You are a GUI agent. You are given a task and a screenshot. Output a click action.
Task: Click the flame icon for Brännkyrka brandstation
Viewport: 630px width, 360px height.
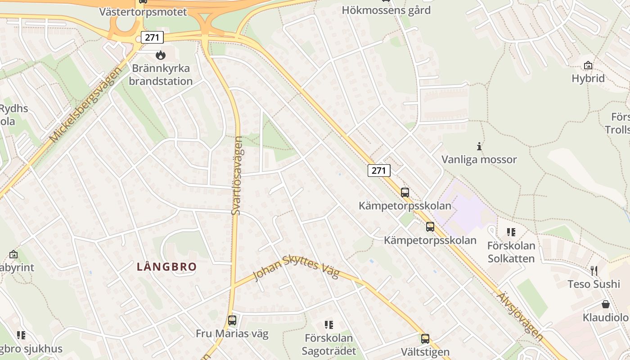point(160,55)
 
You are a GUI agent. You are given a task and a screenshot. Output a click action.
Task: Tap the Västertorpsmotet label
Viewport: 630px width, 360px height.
point(143,12)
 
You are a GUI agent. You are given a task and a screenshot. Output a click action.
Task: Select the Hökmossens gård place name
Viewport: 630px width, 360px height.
point(386,10)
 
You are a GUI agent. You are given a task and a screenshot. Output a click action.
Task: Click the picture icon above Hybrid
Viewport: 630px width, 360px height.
point(588,66)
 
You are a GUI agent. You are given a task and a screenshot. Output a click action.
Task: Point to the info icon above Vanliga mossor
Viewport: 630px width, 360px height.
point(479,146)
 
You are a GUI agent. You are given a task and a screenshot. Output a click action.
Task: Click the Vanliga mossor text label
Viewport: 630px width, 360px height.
point(479,159)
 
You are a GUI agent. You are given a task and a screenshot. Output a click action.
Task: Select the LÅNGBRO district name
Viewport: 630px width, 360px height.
point(167,267)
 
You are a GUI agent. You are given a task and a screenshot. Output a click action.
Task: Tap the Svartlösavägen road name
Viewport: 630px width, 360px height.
point(237,175)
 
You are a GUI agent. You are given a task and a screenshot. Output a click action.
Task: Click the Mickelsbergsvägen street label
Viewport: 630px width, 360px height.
point(85,104)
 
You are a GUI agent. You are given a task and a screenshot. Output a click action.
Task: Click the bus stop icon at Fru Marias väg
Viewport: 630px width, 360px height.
point(232,320)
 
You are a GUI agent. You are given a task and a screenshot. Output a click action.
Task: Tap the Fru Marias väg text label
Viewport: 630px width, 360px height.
point(232,333)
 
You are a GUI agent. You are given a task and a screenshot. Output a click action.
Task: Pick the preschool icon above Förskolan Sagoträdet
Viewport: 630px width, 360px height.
point(329,325)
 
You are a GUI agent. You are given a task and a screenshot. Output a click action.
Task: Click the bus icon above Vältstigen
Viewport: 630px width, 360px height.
point(425,339)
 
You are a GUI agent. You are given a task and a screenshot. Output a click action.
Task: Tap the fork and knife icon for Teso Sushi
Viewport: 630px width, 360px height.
point(594,270)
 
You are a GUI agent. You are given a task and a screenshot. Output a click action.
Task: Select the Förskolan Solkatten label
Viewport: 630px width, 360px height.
point(512,252)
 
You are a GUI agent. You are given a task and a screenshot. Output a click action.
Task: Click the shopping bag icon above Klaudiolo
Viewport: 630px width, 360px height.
point(606,304)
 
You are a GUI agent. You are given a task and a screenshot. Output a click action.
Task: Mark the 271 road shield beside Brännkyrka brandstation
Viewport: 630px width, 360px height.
point(152,37)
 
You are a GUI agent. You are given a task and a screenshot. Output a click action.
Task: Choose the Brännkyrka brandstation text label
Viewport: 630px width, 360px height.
point(161,75)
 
